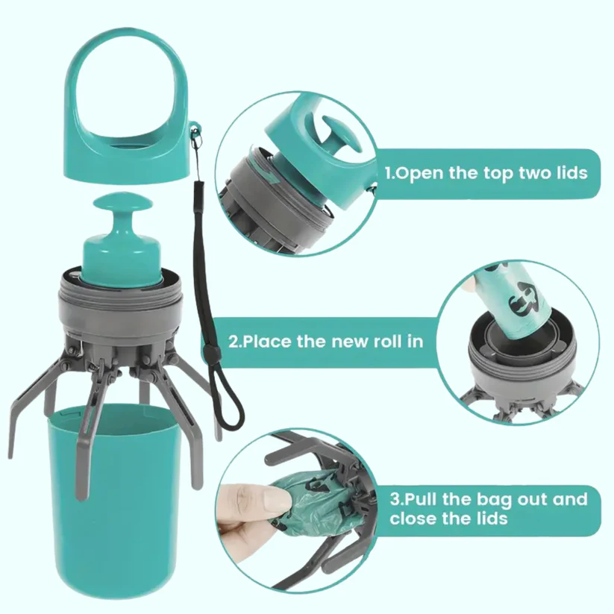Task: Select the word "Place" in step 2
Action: [x=266, y=342]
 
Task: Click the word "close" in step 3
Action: [x=413, y=519]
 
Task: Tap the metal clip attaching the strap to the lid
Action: [x=194, y=135]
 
